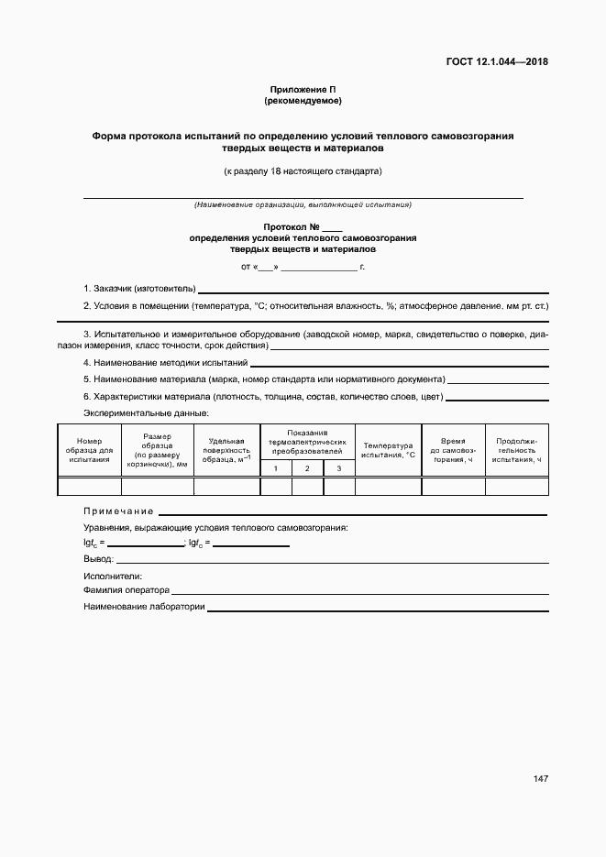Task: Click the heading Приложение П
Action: pyautogui.click(x=303, y=89)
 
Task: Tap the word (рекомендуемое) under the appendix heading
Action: pyautogui.click(x=303, y=100)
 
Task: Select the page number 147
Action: pyautogui.click(x=540, y=778)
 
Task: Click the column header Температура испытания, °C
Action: pyautogui.click(x=388, y=450)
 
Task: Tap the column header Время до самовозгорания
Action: pyautogui.click(x=454, y=450)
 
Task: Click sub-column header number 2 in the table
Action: pyautogui.click(x=307, y=468)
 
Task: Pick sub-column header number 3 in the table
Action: pyautogui.click(x=338, y=468)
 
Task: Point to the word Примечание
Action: pyautogui.click(x=118, y=511)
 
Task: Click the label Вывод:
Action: pyautogui.click(x=98, y=558)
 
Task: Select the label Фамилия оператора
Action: pyautogui.click(x=127, y=591)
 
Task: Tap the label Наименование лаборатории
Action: pyautogui.click(x=144, y=607)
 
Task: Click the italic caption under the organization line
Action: pyautogui.click(x=303, y=204)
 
